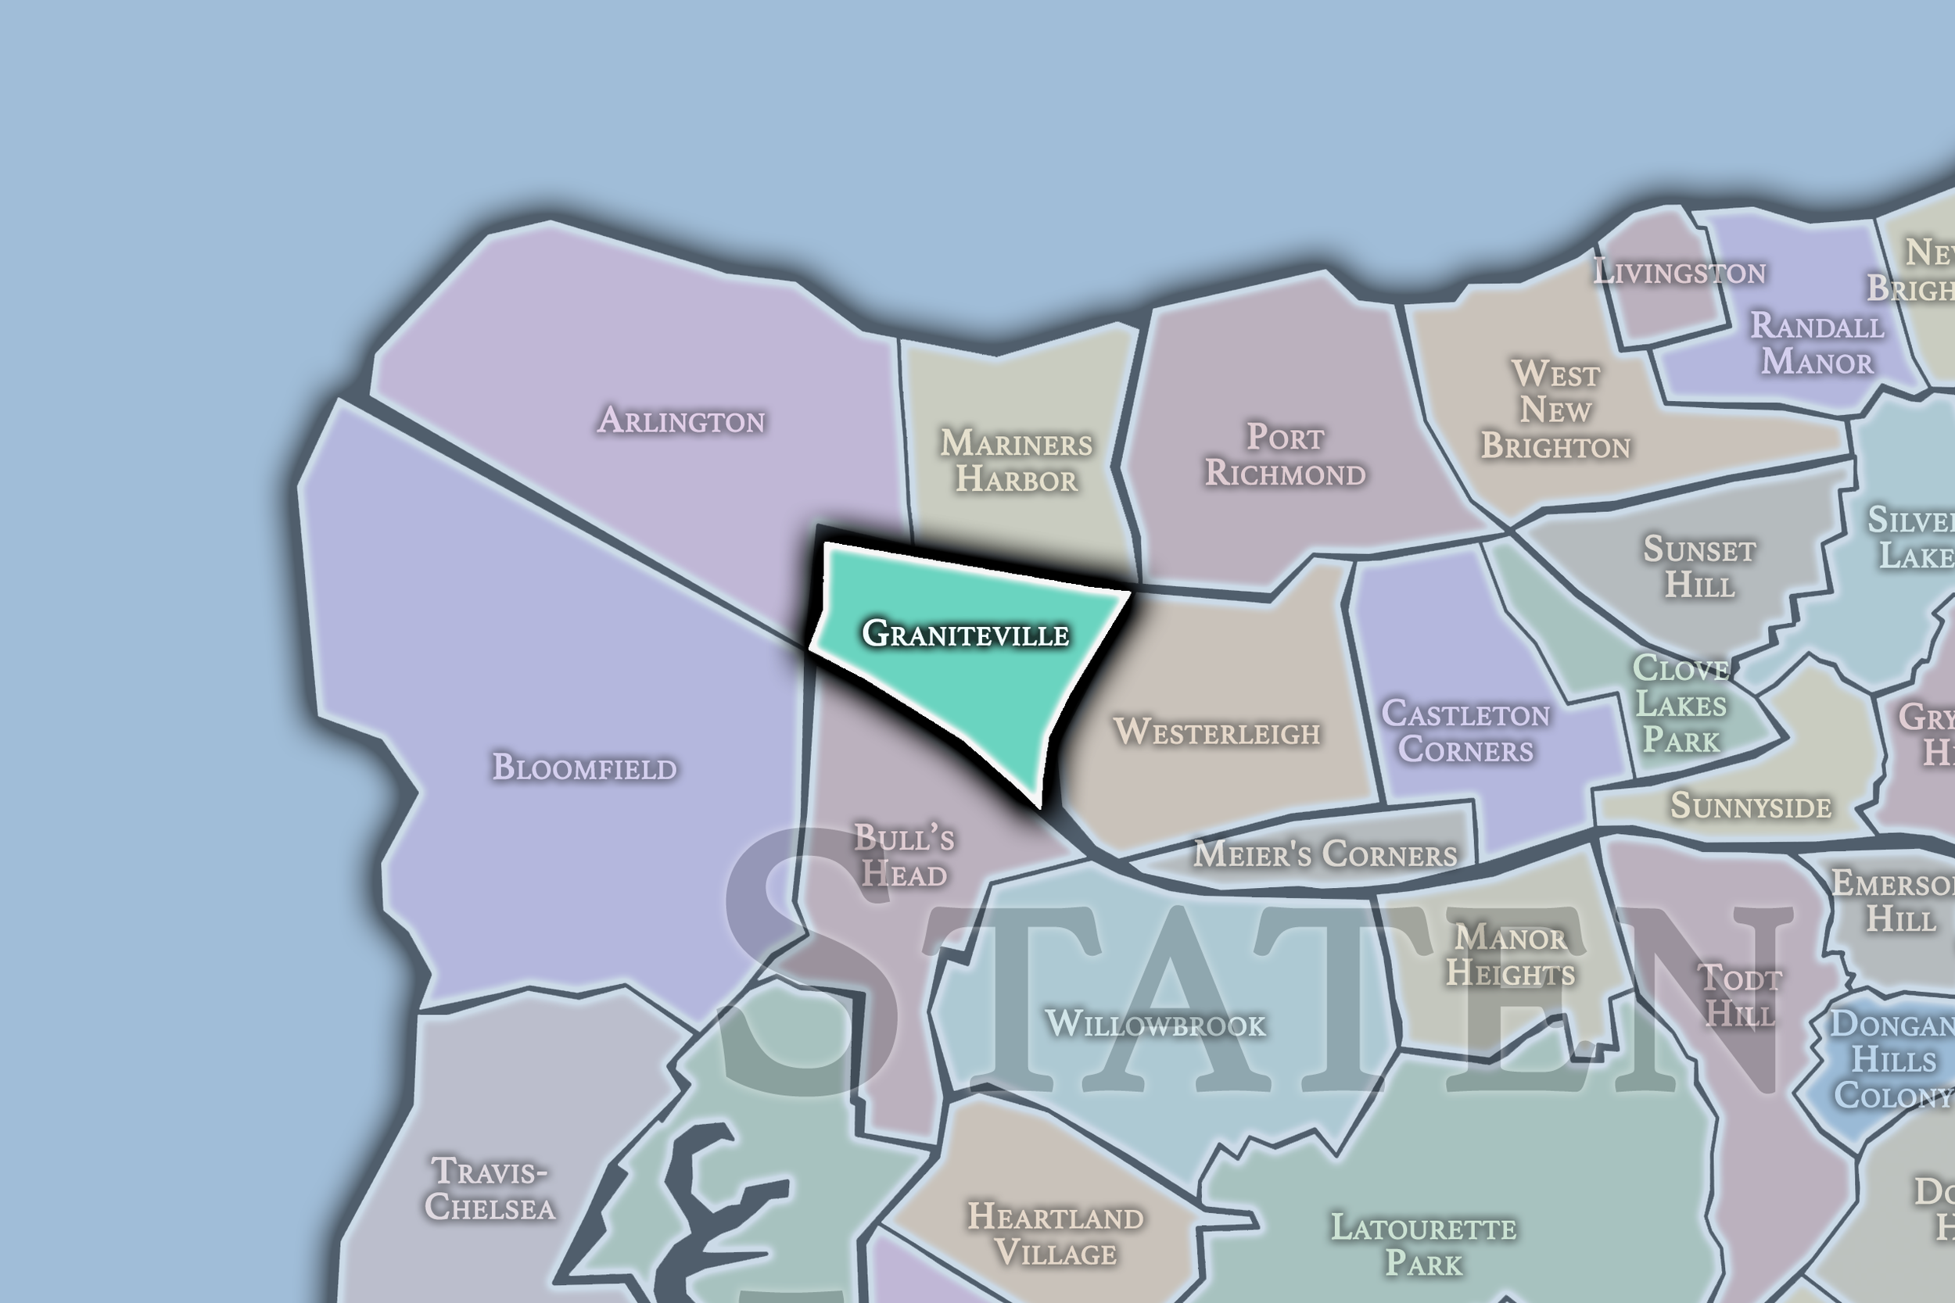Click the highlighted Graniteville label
(x=965, y=634)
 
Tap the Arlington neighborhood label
(x=682, y=421)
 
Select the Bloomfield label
(x=584, y=767)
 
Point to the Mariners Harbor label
(x=1017, y=461)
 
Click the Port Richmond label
(x=1285, y=456)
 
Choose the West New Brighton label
(x=1555, y=410)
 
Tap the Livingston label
(x=1679, y=273)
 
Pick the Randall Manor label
(x=1817, y=344)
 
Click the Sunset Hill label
(x=1700, y=567)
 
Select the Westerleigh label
(x=1217, y=732)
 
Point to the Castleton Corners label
(x=1465, y=732)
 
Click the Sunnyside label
(x=1751, y=805)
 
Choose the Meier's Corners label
(x=1325, y=854)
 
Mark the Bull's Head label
(x=903, y=856)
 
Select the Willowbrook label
(x=1155, y=1024)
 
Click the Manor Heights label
(x=1510, y=956)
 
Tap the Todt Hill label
(x=1740, y=996)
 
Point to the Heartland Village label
(x=1056, y=1235)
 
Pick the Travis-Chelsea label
(x=490, y=1189)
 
